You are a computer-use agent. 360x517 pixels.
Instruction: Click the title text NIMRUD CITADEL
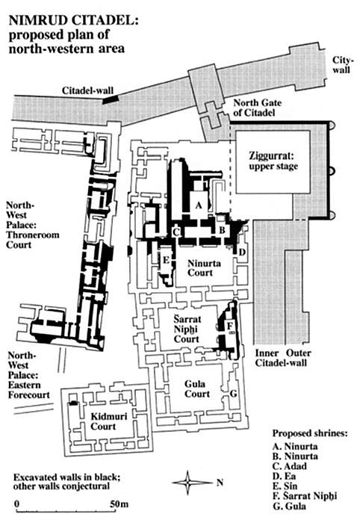coord(74,20)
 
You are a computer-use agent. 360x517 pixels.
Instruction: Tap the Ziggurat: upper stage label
coord(273,161)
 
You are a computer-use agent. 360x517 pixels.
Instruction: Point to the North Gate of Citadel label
coord(258,108)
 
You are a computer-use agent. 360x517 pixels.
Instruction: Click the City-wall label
coord(343,64)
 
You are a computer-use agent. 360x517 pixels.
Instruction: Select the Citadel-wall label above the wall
coord(87,90)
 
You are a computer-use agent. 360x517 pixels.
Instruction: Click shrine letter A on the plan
coord(198,205)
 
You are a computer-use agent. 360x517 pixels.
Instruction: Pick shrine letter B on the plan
coord(222,230)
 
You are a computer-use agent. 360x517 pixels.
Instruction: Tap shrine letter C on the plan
coord(176,232)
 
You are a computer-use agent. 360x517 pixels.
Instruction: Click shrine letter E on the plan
coord(166,260)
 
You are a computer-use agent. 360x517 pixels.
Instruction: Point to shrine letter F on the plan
coord(230,326)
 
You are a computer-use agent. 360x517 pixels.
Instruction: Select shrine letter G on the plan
coord(233,394)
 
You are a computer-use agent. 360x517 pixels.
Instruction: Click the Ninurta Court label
coord(199,268)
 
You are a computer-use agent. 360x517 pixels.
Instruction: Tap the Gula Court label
coord(197,388)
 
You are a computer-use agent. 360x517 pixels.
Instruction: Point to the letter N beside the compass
coord(220,483)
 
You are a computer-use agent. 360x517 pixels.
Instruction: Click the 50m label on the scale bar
coord(119,504)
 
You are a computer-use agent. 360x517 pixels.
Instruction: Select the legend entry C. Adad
coord(289,466)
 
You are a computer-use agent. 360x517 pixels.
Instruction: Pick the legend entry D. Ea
coord(284,476)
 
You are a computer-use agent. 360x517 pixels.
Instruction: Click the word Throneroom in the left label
coord(33,235)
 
